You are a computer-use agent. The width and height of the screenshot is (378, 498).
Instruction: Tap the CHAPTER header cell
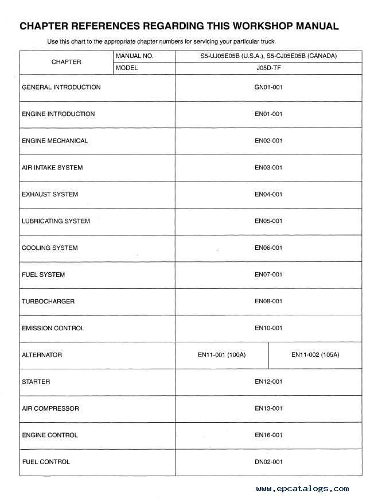pyautogui.click(x=67, y=62)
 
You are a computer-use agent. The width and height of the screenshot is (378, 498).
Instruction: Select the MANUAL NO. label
pyautogui.click(x=134, y=56)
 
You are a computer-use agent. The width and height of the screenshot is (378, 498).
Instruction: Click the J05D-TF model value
pyautogui.click(x=268, y=68)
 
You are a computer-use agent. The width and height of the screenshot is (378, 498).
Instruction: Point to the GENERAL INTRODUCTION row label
pyautogui.click(x=61, y=87)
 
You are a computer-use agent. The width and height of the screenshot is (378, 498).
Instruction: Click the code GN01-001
pyautogui.click(x=268, y=87)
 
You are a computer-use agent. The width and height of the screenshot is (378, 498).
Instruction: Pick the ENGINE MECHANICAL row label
pyautogui.click(x=55, y=141)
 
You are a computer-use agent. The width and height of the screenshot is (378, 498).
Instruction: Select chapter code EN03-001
pyautogui.click(x=268, y=168)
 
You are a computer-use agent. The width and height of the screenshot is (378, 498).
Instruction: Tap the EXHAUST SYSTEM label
pyautogui.click(x=50, y=194)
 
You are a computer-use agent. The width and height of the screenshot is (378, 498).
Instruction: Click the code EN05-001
pyautogui.click(x=268, y=221)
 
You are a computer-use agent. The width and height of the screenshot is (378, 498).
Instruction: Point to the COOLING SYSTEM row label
pyautogui.click(x=50, y=248)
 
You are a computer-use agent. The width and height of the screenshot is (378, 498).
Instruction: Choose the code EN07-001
pyautogui.click(x=268, y=275)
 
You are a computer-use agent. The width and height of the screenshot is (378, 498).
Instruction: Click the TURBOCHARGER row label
pyautogui.click(x=48, y=302)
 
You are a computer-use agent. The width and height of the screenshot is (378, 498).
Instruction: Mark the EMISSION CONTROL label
pyautogui.click(x=53, y=328)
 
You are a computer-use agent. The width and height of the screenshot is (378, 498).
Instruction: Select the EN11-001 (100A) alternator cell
pyautogui.click(x=221, y=355)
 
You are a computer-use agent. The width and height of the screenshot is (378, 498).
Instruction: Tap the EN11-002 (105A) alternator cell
pyautogui.click(x=315, y=355)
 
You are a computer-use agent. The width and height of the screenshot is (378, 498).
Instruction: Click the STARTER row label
pyautogui.click(x=36, y=381)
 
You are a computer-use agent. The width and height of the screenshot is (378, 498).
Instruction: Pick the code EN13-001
pyautogui.click(x=268, y=408)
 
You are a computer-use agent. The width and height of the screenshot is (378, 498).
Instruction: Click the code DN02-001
pyautogui.click(x=268, y=462)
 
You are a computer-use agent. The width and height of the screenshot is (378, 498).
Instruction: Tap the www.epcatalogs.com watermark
pyautogui.click(x=302, y=489)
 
